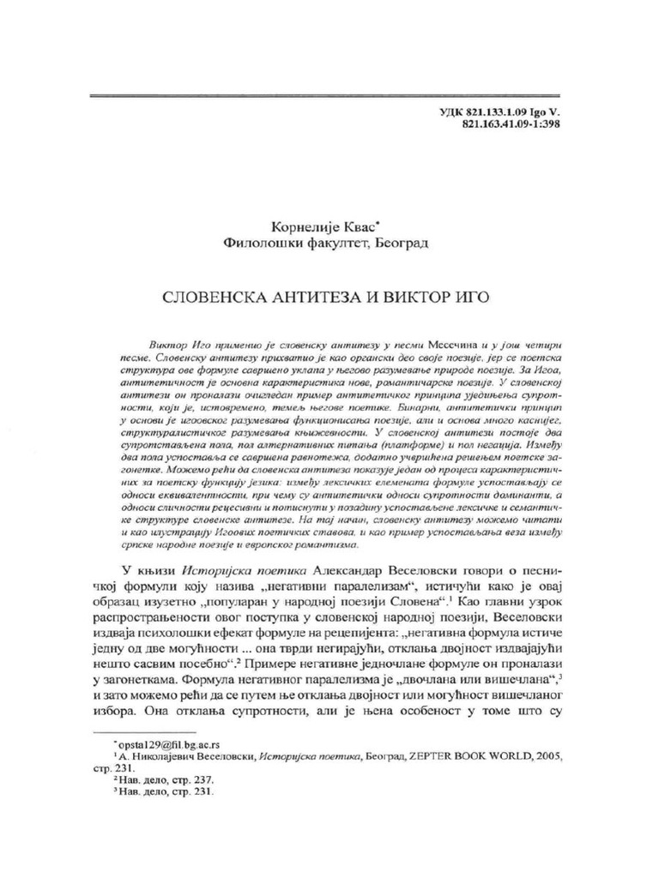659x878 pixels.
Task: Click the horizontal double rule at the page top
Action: (x=325, y=94)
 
